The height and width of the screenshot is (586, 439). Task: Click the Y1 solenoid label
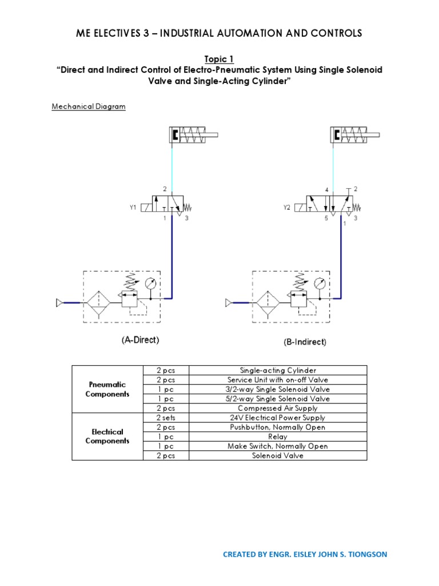coord(133,208)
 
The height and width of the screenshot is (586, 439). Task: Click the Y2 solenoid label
coord(287,208)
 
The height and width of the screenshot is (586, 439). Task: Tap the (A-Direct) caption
coord(140,340)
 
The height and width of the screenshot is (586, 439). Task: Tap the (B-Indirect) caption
coord(305,342)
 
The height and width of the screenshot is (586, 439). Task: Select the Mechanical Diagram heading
coord(89,106)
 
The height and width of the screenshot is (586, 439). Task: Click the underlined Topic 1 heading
coord(219,59)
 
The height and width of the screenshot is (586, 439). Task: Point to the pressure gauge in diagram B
coord(321,283)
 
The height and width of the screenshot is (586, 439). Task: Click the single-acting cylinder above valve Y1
coord(193,135)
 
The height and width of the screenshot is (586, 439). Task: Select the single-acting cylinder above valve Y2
coord(354,135)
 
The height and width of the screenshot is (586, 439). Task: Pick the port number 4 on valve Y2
coord(326,189)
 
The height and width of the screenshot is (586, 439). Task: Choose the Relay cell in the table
coord(278,437)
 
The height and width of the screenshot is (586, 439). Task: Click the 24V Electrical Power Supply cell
coord(278,418)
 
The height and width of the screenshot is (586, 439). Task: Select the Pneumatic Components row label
coord(107,389)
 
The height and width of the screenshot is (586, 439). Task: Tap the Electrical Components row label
coord(107,436)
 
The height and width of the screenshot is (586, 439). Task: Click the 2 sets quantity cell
coord(165,418)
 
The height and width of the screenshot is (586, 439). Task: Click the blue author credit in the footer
coord(305,554)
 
